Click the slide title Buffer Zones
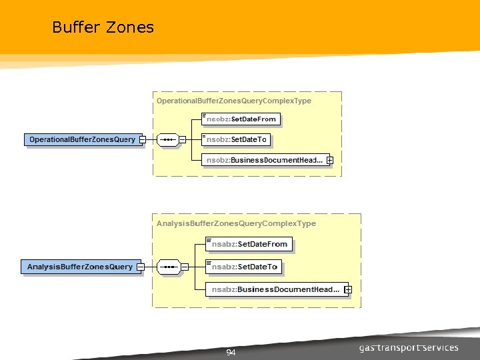[103, 27]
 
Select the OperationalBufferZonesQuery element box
[82, 140]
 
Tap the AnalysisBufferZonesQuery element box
[79, 267]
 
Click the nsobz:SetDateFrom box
[241, 119]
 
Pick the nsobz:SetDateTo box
[237, 140]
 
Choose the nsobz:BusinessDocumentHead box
[264, 160]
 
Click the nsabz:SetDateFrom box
[249, 244]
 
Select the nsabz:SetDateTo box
[244, 267]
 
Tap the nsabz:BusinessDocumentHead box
[275, 289]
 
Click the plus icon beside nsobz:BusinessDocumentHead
[329, 161]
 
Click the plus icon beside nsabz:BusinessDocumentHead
[348, 289]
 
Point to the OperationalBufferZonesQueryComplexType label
[233, 101]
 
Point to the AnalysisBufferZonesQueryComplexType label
[236, 223]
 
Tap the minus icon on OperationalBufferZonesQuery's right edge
[143, 140]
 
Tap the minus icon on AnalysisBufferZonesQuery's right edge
[140, 267]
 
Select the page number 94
[231, 352]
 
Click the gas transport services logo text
[408, 348]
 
